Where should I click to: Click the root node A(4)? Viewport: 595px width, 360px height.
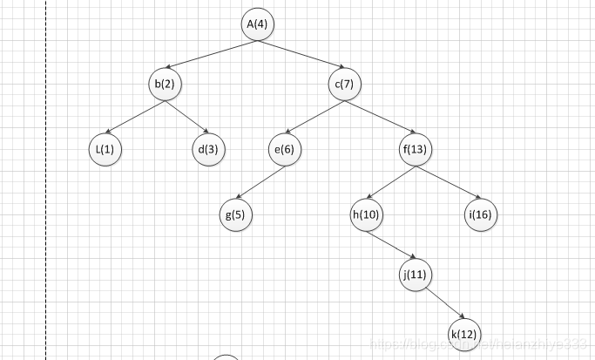coord(257,24)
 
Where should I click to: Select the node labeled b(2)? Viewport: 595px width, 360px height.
coord(165,85)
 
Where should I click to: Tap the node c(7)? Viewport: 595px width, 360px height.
coord(344,85)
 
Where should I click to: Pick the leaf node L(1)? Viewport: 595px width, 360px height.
coord(105,149)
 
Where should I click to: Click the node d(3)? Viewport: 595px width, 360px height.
coord(208,149)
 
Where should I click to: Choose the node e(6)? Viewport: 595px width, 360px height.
coord(285,149)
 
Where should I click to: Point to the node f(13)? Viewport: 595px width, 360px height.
coord(416,149)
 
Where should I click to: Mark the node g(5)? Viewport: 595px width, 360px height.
coord(235,214)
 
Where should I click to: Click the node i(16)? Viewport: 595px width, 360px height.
coord(480,214)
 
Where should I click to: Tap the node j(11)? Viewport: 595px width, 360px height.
coord(416,275)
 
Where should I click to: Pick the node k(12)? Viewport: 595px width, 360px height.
coord(464,333)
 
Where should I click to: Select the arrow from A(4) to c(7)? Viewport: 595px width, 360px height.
coord(301,54)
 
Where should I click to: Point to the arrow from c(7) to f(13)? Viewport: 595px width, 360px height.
coord(380,117)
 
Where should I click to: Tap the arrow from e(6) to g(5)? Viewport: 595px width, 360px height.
coord(260,182)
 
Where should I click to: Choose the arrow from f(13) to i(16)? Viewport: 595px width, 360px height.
coord(448,182)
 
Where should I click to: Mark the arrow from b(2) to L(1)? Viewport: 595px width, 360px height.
coord(135,117)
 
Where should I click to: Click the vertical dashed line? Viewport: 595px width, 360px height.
coord(45,174)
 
